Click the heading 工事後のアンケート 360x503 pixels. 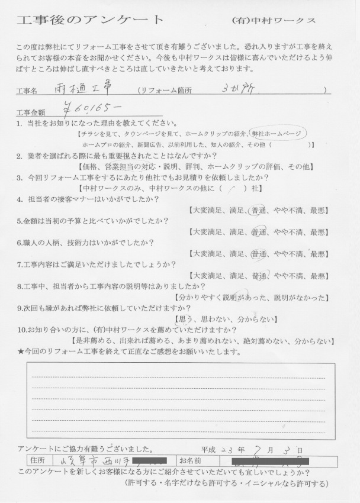[91, 19]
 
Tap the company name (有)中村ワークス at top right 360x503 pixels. [274, 20]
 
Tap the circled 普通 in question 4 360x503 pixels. [258, 211]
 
